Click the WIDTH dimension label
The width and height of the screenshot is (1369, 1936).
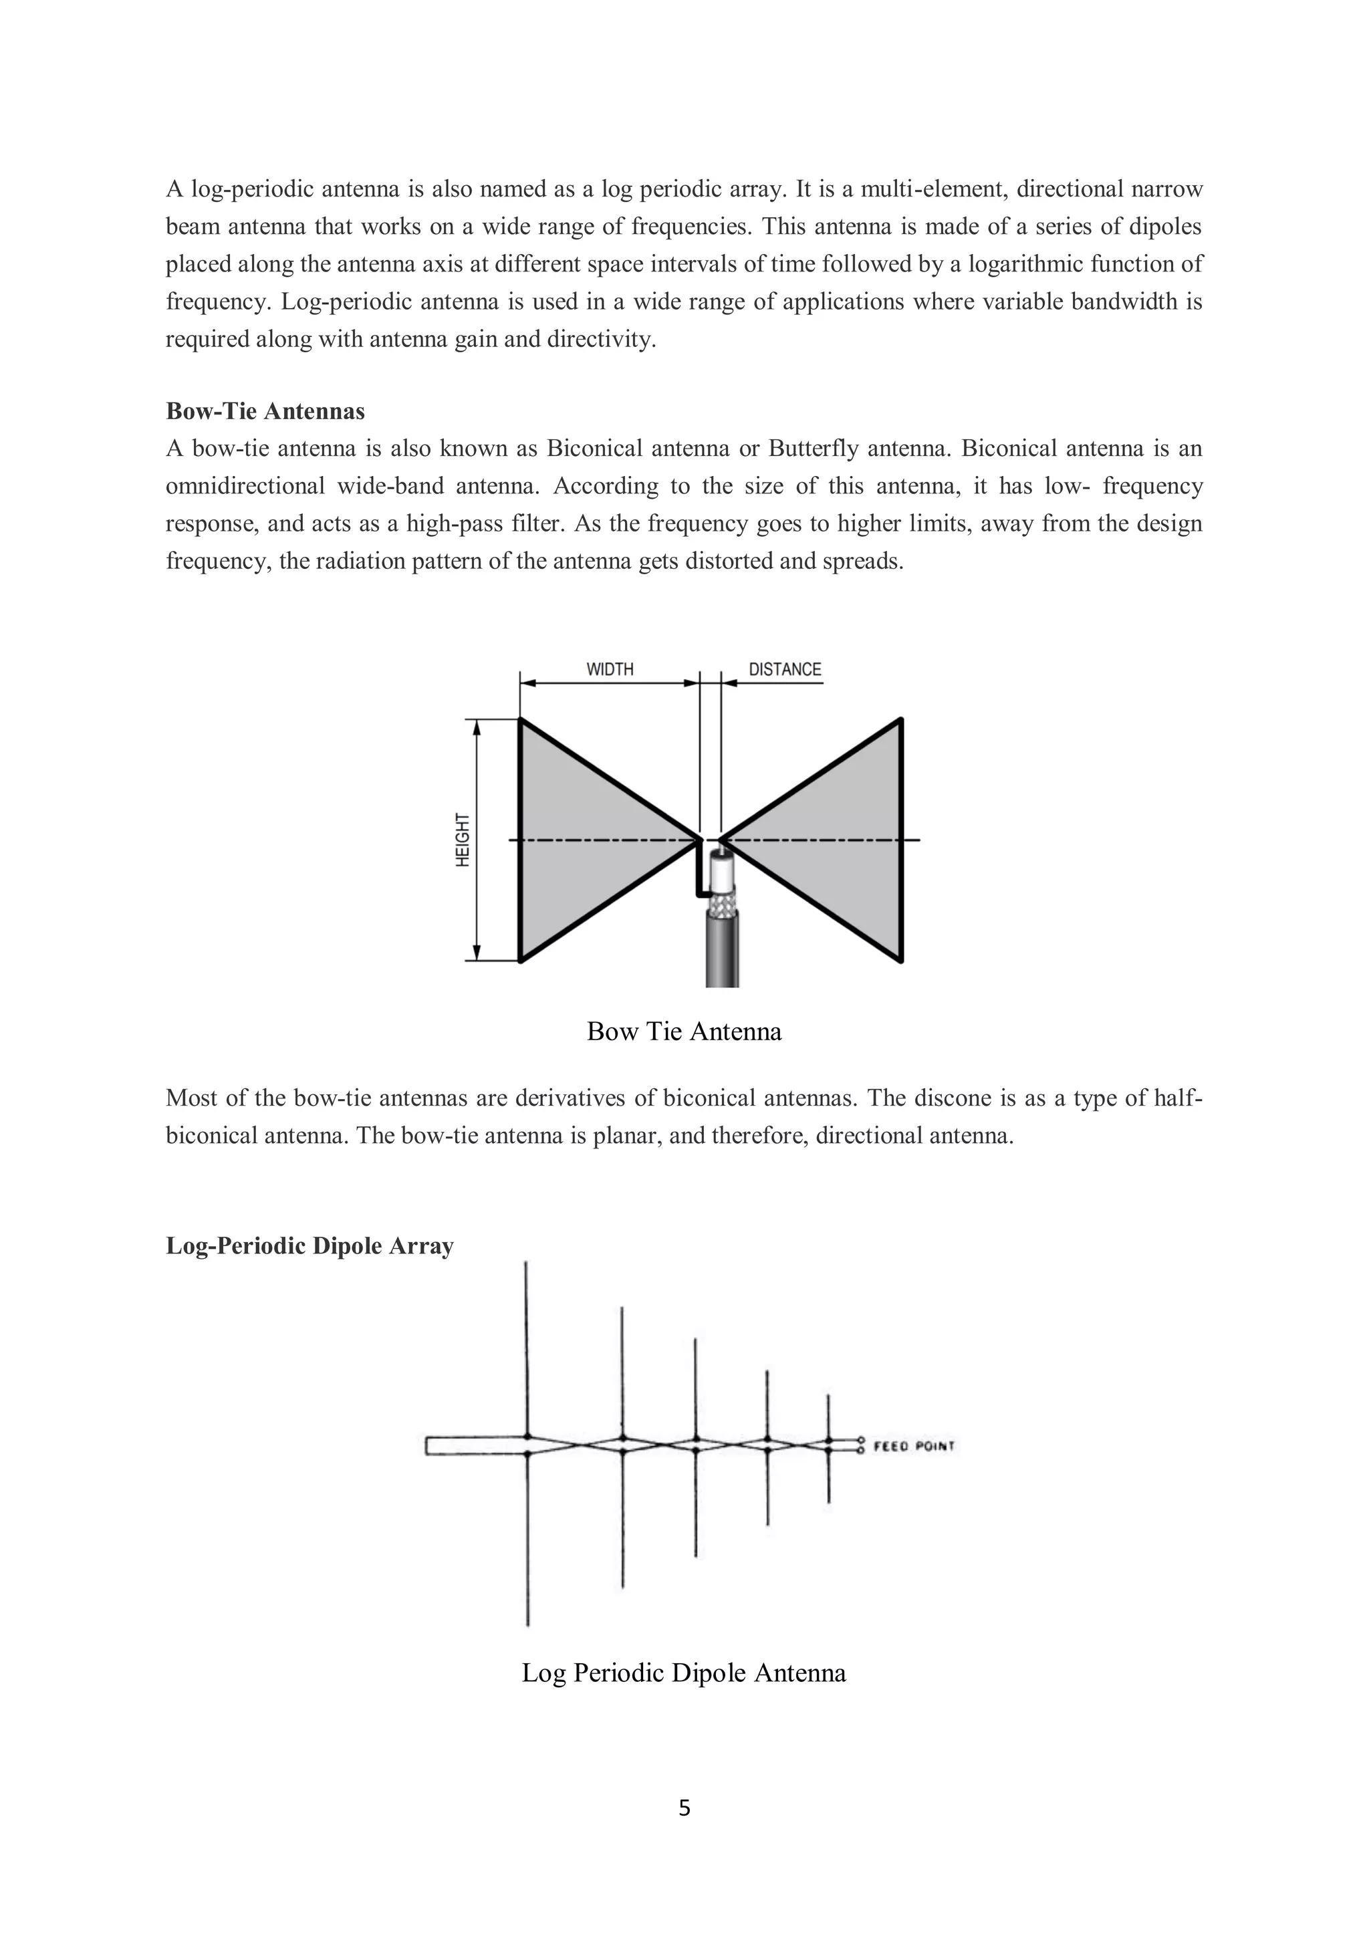pyautogui.click(x=610, y=669)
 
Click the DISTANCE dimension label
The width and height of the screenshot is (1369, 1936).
pyautogui.click(x=784, y=669)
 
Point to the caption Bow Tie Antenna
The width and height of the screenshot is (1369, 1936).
pyautogui.click(x=684, y=1032)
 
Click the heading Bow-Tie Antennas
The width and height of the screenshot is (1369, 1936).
pyautogui.click(x=265, y=412)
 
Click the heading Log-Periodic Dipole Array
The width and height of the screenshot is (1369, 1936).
pyautogui.click(x=309, y=1246)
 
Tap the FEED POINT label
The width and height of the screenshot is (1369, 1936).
pyautogui.click(x=913, y=1446)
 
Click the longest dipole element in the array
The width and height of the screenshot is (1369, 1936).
pyautogui.click(x=527, y=1349)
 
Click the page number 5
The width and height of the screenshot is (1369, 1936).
pyautogui.click(x=684, y=1808)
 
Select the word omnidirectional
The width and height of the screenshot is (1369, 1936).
pyautogui.click(x=245, y=487)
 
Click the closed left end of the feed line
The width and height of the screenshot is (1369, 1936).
pyautogui.click(x=427, y=1445)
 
